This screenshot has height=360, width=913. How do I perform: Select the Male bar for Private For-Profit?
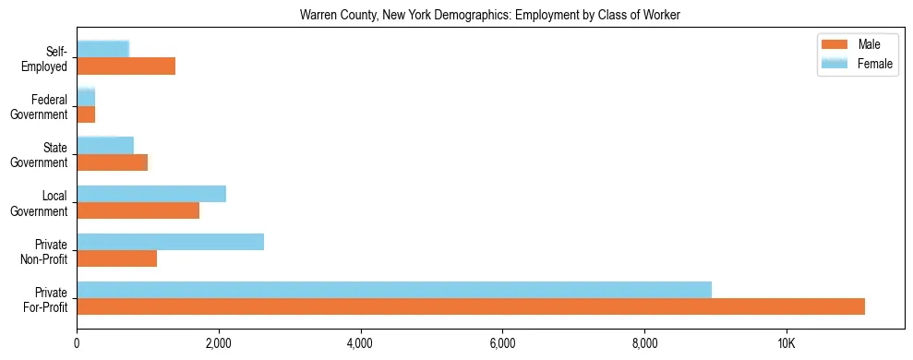click(471, 306)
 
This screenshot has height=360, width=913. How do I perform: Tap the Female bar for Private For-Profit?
click(394, 290)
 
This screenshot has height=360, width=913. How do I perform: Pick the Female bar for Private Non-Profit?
click(171, 242)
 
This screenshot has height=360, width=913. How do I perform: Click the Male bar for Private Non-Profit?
click(117, 258)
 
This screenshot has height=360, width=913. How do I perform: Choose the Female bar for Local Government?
click(151, 194)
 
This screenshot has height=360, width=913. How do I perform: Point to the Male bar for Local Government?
click(138, 210)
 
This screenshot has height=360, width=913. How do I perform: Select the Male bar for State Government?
click(113, 162)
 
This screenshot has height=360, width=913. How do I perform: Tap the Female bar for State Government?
click(105, 146)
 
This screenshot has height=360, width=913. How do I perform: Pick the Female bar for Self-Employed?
click(103, 49)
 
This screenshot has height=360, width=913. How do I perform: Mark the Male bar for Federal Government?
click(86, 114)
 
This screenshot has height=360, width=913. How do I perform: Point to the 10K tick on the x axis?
click(786, 343)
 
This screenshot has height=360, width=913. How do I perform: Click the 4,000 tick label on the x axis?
click(360, 343)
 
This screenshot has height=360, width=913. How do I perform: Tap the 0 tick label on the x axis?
click(77, 343)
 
